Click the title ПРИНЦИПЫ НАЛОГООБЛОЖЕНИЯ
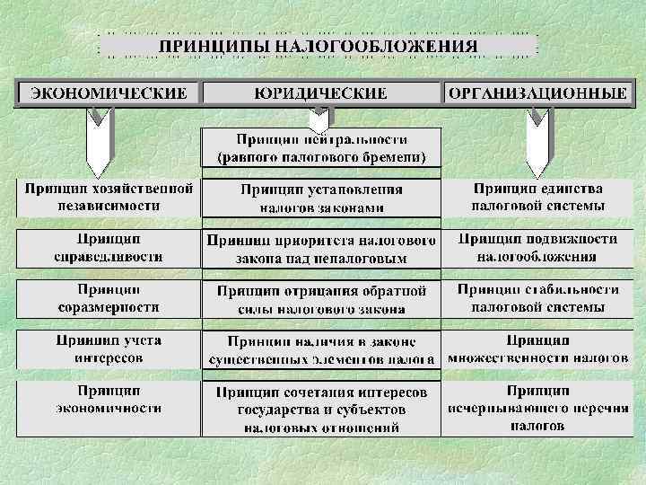tap(319, 45)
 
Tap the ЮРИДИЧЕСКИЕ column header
tap(320, 93)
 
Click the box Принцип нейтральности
tap(321, 148)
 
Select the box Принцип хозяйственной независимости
tap(108, 198)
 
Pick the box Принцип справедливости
tap(108, 248)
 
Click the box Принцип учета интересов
tap(108, 348)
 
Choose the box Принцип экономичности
tap(108, 401)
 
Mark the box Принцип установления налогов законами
tap(321, 198)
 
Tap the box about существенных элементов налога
tap(321, 349)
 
